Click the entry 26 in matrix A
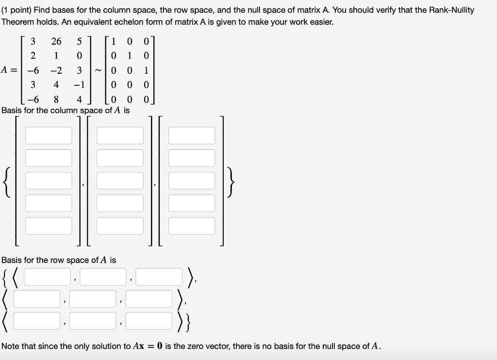coord(56,41)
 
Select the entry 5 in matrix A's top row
coord(79,41)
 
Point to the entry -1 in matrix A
coord(79,85)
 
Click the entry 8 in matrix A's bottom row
coord(56,100)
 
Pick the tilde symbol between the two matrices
coord(99,71)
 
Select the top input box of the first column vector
coord(49,135)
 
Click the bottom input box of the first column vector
coord(49,226)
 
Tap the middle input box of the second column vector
coord(120,180)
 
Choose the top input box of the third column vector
coord(191,135)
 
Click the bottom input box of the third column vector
coord(191,226)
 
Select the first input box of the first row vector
coord(48,277)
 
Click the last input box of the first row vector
coord(160,277)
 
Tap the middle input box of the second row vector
coord(93,298)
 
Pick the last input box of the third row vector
coord(149,320)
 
